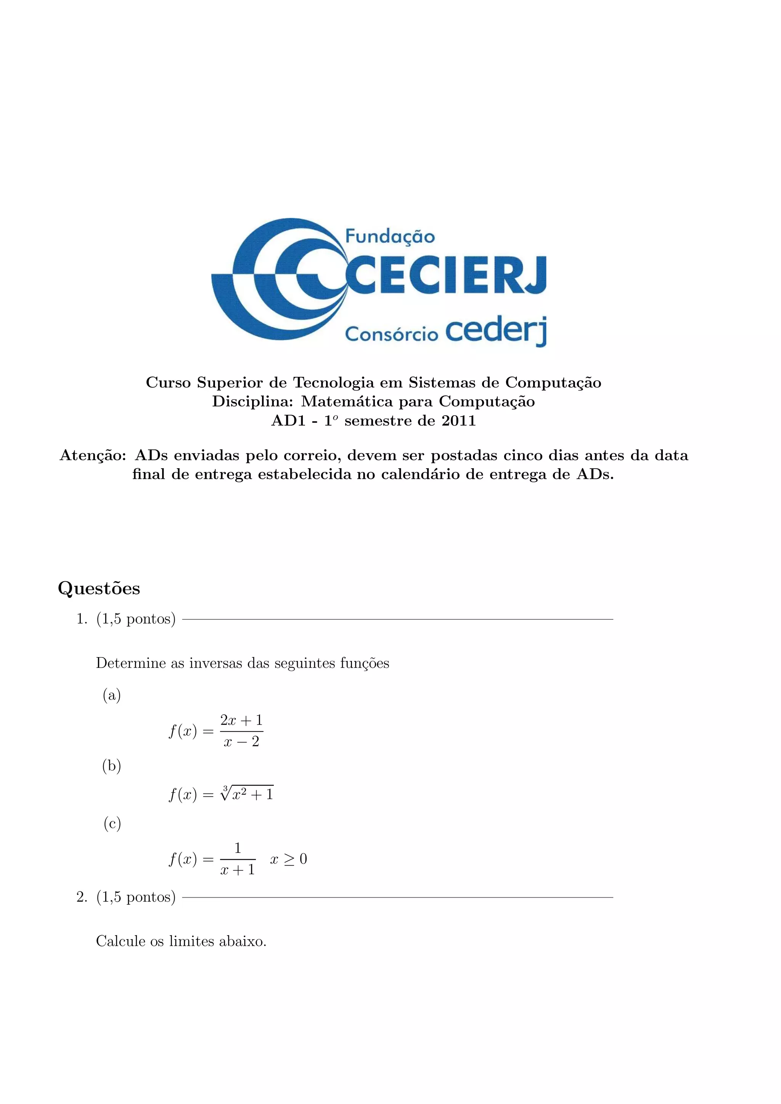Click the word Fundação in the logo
pos(390,236)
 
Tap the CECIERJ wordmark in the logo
pos(448,275)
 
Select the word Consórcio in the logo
pos(391,334)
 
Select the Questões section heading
pos(99,588)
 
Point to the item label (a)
pos(112,695)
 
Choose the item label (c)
pos(112,824)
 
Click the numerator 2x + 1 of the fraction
pos(241,720)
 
